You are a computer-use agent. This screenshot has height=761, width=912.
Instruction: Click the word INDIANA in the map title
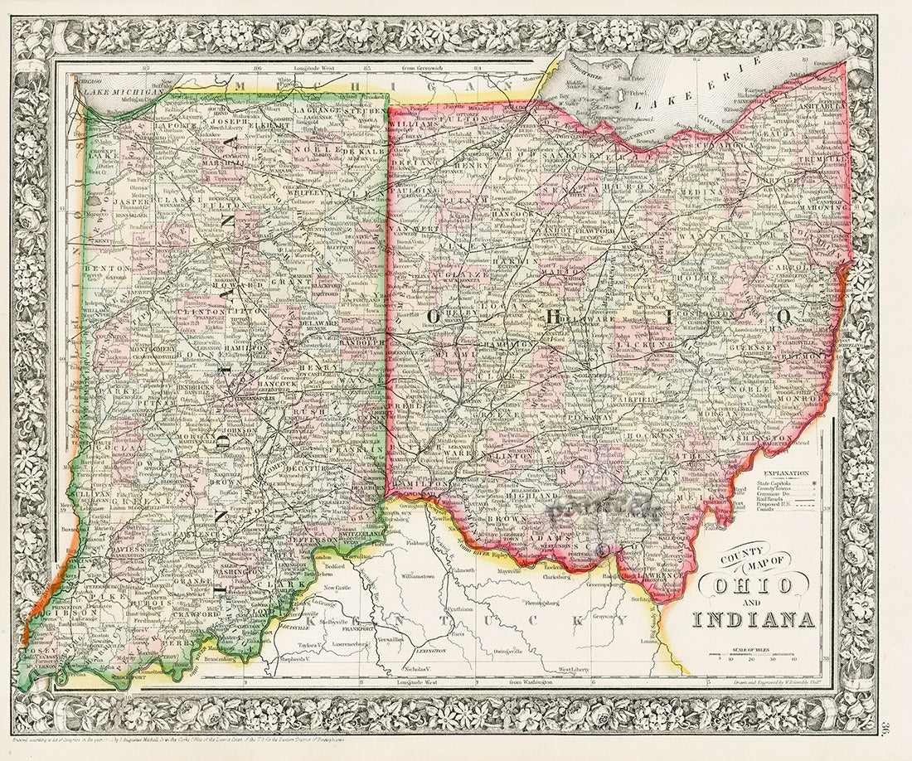point(754,618)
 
